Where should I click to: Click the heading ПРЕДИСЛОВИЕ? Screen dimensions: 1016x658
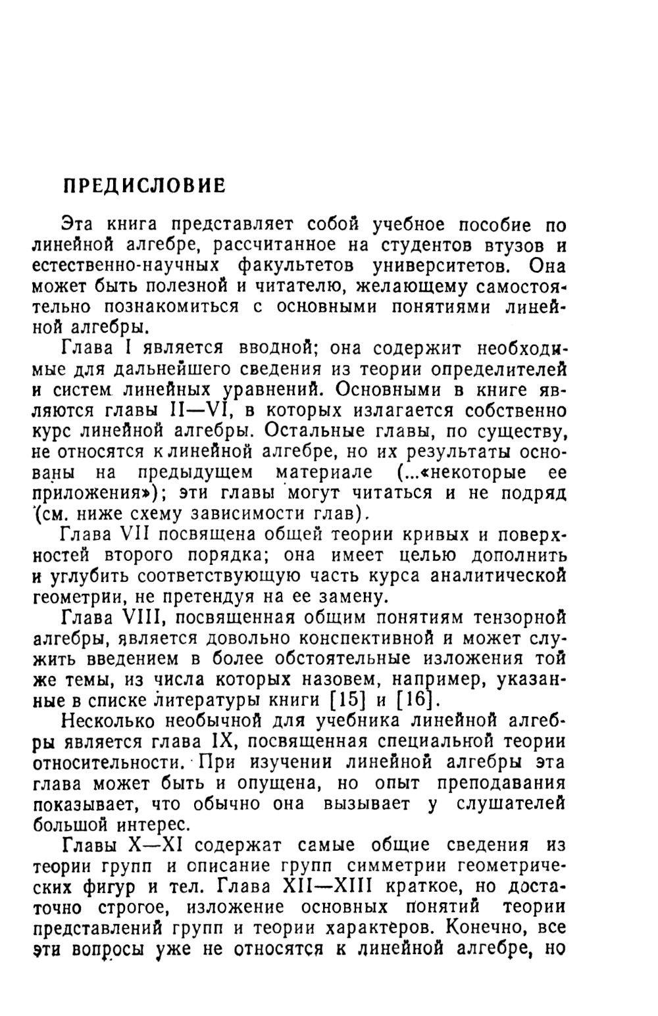tap(144, 186)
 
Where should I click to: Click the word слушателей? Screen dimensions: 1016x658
tap(514, 804)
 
